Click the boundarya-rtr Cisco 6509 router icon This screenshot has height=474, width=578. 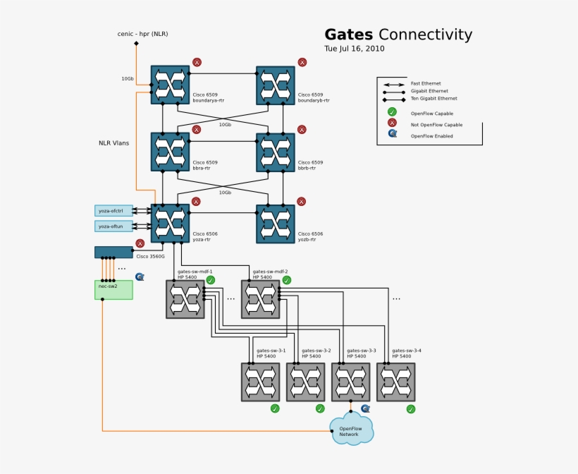tap(170, 85)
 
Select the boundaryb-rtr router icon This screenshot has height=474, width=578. tap(275, 85)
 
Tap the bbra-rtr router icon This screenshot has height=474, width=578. tap(170, 152)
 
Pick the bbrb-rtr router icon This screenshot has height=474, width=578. tap(275, 152)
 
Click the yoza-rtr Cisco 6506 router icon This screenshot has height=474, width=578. tap(170, 223)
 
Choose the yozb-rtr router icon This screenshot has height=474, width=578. tap(275, 224)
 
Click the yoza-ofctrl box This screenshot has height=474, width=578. tap(113, 211)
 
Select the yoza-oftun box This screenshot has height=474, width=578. tap(113, 226)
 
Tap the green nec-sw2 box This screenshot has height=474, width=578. tap(113, 289)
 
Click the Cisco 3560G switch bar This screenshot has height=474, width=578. tap(113, 252)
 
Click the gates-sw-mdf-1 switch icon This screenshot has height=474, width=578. tap(185, 299)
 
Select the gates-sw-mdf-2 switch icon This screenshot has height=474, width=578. tap(260, 299)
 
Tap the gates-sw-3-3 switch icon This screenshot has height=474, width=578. tap(350, 382)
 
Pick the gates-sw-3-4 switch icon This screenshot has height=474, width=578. tap(395, 382)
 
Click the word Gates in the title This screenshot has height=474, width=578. tap(348, 35)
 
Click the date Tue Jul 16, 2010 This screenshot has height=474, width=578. tap(355, 49)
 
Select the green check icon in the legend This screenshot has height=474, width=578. tap(392, 112)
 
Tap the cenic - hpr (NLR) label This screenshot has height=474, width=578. tap(142, 34)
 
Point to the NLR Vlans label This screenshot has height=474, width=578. tap(113, 143)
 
